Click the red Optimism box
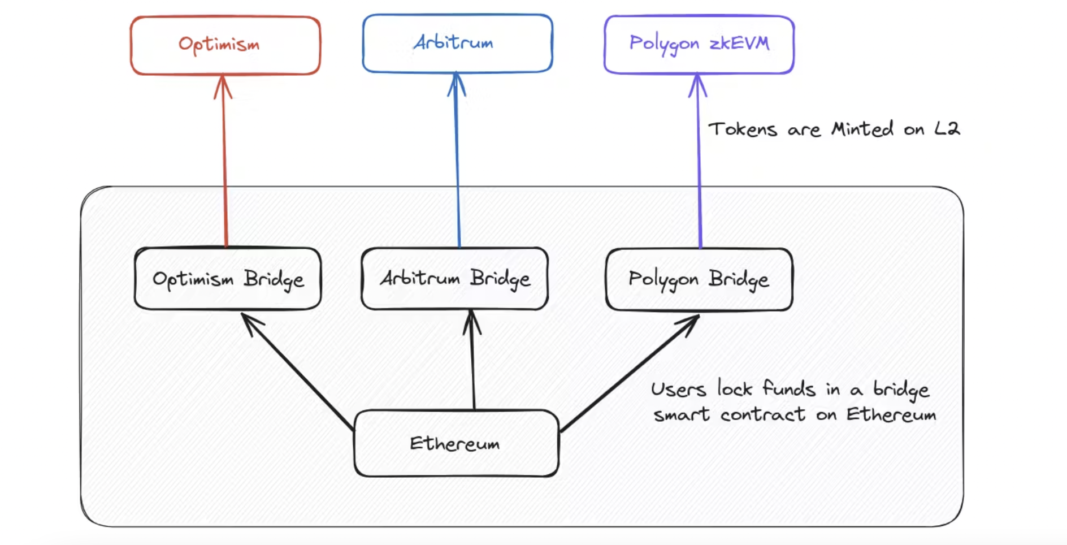pos(225,45)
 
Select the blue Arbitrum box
pos(457,44)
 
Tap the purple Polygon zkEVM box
pos(699,44)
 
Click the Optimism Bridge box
pos(228,279)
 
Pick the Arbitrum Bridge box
pos(454,278)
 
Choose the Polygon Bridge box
pos(699,279)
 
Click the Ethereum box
pos(456,443)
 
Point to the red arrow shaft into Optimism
pos(225,170)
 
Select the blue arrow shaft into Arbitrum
pos(458,170)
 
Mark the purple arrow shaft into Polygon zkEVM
pos(699,170)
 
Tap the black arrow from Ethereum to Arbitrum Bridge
pos(473,362)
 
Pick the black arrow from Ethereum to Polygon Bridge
pos(627,373)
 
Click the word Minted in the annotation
pos(862,129)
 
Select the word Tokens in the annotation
pos(743,129)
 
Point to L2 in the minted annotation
pos(947,129)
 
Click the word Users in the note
pos(678,390)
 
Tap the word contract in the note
pos(762,415)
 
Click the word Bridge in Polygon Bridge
pos(739,279)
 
